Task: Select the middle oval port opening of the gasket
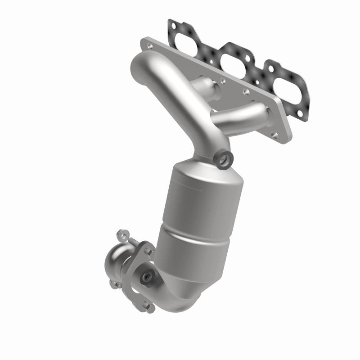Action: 236,58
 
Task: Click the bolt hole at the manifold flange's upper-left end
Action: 148,44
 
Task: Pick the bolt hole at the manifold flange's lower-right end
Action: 275,134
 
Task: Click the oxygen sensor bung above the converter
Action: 224,158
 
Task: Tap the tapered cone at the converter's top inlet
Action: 202,169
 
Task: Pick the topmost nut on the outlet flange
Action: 120,234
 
